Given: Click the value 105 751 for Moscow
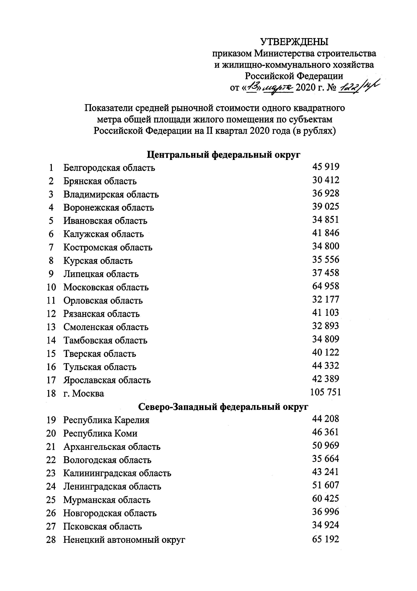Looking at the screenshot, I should click(325, 392).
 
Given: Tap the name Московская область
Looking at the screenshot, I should click(106, 287).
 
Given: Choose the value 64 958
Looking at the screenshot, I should click(326, 286).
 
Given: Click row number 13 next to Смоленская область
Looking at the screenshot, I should click(51, 327).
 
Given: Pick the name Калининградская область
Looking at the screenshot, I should click(117, 473).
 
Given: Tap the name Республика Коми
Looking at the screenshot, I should click(100, 433).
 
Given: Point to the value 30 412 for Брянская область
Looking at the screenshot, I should click(326, 180).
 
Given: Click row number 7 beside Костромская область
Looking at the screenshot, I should click(51, 247).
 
